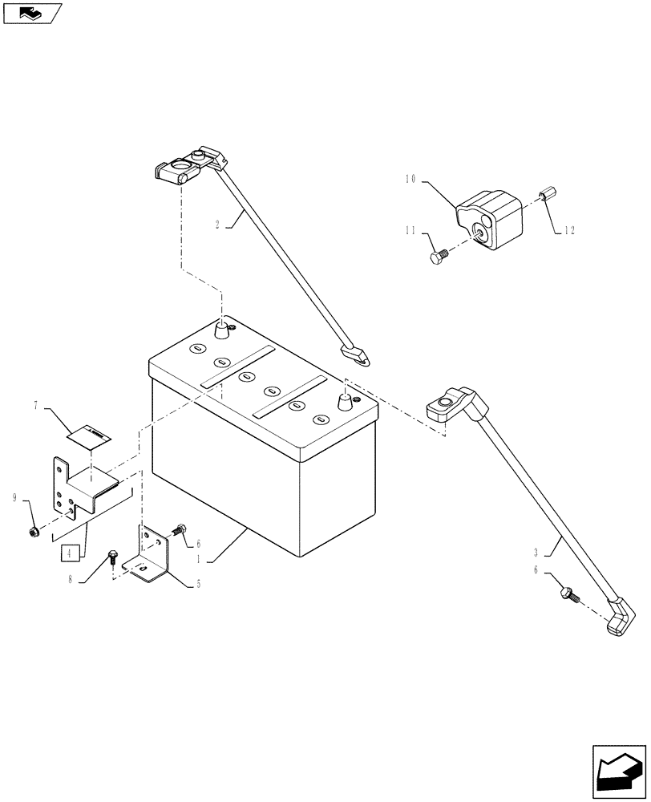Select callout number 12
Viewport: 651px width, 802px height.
pos(569,231)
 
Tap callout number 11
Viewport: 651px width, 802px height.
pos(410,231)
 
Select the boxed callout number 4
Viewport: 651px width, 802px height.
pos(71,553)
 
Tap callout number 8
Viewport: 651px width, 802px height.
pos(71,580)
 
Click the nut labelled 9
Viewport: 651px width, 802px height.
pos(35,531)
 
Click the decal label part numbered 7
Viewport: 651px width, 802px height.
pos(89,435)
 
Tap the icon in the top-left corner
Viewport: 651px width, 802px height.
pos(32,13)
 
